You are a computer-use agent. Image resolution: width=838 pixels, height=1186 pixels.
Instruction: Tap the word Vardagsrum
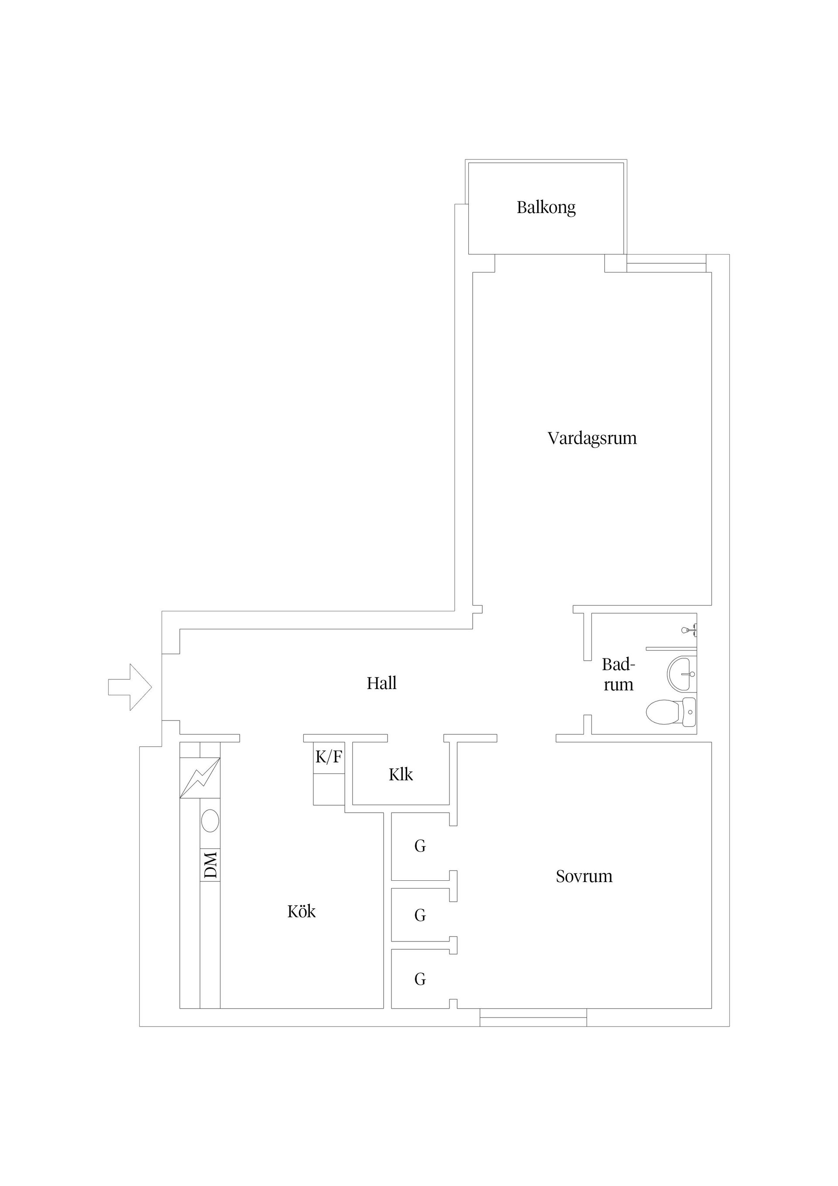[592, 438]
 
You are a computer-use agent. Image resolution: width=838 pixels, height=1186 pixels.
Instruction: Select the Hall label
[381, 683]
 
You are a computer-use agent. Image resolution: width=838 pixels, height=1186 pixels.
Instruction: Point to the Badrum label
[618, 675]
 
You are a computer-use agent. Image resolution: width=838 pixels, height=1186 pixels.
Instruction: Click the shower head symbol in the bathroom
[689, 630]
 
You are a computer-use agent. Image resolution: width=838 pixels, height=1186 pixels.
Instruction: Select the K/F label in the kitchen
[328, 757]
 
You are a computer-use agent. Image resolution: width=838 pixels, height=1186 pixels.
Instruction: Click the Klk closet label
[401, 775]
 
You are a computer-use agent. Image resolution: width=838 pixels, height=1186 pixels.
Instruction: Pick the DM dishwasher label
[210, 865]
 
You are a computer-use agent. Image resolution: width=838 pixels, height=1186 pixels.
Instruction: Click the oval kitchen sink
[209, 821]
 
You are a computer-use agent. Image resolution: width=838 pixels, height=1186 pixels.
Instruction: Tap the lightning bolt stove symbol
[200, 777]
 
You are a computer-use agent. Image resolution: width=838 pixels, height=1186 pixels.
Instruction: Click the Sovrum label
[584, 876]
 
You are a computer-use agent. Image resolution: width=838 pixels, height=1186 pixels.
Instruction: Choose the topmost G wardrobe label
[420, 846]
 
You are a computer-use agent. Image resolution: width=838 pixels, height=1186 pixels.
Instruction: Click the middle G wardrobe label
[420, 916]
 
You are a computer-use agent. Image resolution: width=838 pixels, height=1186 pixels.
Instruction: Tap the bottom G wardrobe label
[420, 979]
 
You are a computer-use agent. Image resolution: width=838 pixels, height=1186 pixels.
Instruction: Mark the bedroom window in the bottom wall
[533, 1017]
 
